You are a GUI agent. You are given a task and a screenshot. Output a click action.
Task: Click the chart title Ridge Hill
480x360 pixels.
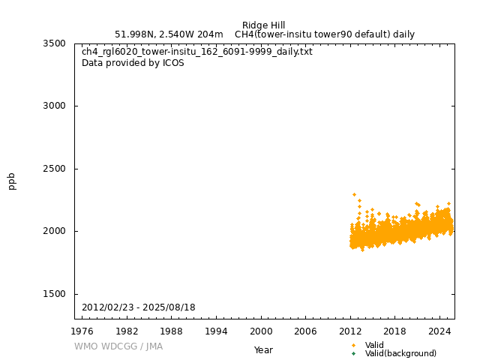[x=263, y=25]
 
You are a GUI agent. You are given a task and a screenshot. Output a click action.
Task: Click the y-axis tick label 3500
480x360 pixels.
[x=58, y=43]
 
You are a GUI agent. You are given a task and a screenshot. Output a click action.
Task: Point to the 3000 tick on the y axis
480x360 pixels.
[x=58, y=106]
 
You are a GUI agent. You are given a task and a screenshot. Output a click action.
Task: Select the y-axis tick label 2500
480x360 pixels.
[x=58, y=169]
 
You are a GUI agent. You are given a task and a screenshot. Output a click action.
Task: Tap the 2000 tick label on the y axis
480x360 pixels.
[x=58, y=231]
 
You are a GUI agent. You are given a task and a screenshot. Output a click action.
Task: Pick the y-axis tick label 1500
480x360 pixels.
[x=58, y=294]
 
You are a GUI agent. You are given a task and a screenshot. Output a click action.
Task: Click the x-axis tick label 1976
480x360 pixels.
[x=82, y=331]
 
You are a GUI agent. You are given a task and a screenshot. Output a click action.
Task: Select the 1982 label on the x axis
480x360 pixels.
[x=127, y=331]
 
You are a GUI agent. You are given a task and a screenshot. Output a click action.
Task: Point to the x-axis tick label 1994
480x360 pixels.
[x=217, y=331]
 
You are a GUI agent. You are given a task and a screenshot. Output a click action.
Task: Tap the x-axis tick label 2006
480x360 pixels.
[x=306, y=331]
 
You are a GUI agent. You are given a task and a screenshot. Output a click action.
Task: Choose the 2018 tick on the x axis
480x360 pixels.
[x=395, y=331]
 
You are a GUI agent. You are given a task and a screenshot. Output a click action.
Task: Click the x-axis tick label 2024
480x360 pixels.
[x=440, y=331]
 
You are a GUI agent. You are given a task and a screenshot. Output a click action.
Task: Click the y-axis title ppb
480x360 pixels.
[x=12, y=181]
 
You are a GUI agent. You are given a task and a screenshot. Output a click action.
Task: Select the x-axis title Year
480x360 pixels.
[x=263, y=350]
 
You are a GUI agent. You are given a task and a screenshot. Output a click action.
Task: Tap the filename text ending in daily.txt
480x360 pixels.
[x=197, y=52]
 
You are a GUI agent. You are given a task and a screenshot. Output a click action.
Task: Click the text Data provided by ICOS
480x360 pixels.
[x=133, y=63]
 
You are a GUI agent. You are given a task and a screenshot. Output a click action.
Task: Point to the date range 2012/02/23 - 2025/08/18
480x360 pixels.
[x=139, y=307]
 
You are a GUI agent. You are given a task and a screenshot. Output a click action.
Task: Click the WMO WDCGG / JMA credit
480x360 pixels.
[x=118, y=346]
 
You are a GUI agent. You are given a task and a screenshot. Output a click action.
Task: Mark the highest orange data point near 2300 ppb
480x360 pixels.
[x=354, y=194]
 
